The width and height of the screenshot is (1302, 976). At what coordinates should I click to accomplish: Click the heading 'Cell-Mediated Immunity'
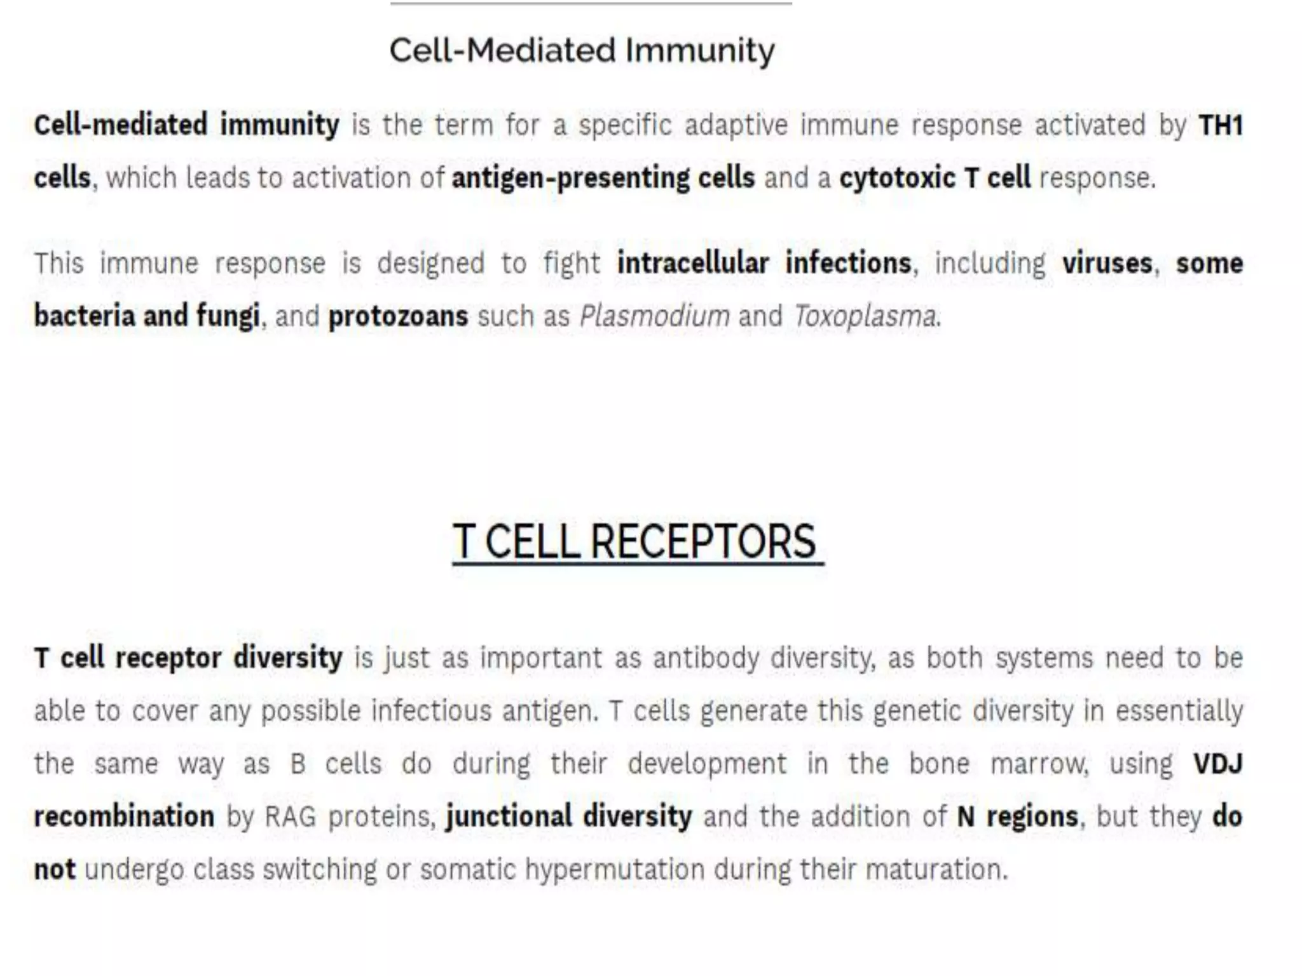tap(582, 50)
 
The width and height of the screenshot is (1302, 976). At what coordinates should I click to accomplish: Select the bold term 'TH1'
tap(1220, 125)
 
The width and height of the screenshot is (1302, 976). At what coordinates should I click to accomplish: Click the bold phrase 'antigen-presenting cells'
tap(603, 178)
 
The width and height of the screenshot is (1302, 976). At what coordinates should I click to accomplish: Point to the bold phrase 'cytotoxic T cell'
tap(935, 178)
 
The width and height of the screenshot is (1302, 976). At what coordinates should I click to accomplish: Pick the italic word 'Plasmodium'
tap(654, 316)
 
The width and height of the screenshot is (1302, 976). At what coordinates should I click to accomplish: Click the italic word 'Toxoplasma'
tap(865, 316)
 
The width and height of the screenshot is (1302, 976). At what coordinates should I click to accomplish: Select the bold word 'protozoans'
tap(398, 316)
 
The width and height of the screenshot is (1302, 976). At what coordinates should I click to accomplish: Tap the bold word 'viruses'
tap(1107, 263)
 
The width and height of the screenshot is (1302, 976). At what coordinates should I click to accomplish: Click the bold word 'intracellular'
tap(693, 263)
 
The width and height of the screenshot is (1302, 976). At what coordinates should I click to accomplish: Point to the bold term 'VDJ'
tap(1217, 764)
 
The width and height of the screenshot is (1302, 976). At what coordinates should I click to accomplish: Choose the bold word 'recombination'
tap(124, 817)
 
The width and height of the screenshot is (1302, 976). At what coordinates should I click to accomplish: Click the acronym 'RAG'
tap(290, 817)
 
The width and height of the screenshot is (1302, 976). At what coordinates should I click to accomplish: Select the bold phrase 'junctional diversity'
tap(569, 817)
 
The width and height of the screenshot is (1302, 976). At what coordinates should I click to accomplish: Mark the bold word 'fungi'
tap(228, 316)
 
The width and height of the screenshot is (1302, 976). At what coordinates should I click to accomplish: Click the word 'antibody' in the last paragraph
tap(706, 658)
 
